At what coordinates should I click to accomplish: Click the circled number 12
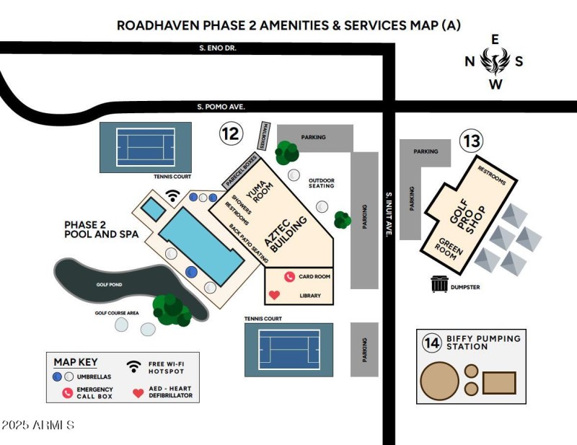click(231, 133)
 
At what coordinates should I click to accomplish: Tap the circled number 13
click(471, 141)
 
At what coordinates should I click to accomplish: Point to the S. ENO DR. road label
click(218, 48)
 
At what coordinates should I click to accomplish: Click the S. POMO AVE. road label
click(221, 106)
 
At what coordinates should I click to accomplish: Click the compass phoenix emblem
click(495, 61)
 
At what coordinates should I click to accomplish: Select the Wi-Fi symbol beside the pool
click(172, 195)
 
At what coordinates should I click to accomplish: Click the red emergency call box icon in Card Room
click(289, 276)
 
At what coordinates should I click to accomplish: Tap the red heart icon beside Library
click(274, 295)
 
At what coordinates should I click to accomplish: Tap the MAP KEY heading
click(75, 362)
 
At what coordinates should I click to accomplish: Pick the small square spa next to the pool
click(152, 210)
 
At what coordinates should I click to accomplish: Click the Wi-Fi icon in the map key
click(133, 366)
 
